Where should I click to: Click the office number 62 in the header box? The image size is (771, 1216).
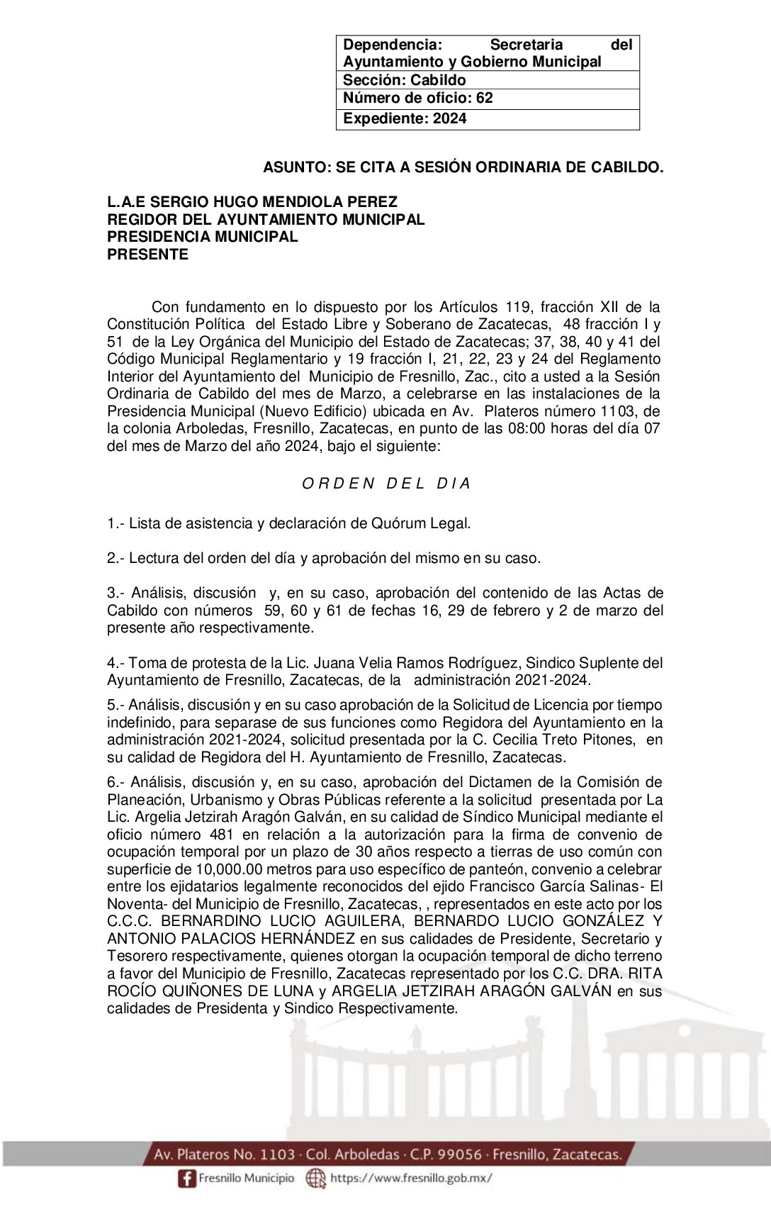click(x=485, y=98)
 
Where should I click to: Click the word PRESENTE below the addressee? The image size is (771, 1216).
click(x=147, y=255)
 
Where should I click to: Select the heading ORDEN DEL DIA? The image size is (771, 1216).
click(x=386, y=484)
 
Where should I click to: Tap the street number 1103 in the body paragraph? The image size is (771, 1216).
click(x=619, y=411)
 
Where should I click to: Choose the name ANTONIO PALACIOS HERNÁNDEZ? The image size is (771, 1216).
click(x=231, y=939)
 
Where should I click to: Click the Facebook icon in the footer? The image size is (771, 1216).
click(x=186, y=1178)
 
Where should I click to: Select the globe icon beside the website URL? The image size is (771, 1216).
click(x=315, y=1178)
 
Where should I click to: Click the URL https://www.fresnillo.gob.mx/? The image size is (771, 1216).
click(x=411, y=1178)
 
